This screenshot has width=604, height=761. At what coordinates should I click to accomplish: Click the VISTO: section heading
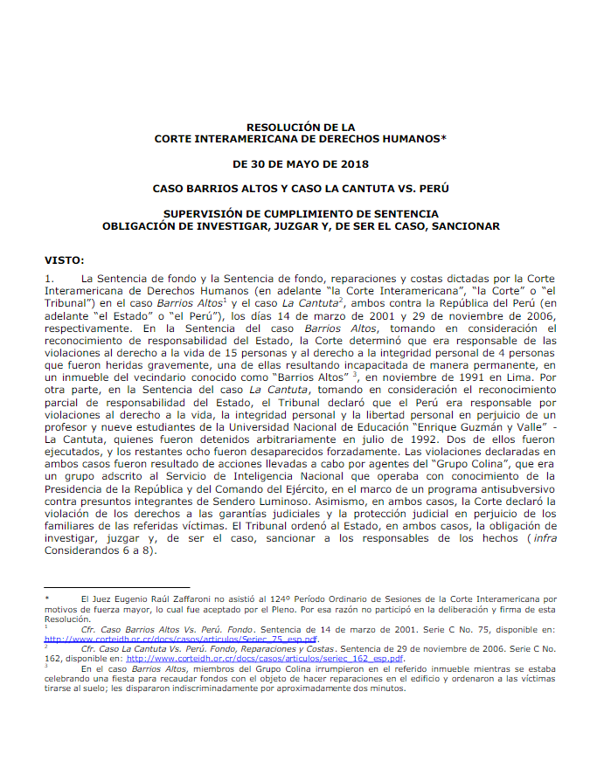pyautogui.click(x=66, y=259)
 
